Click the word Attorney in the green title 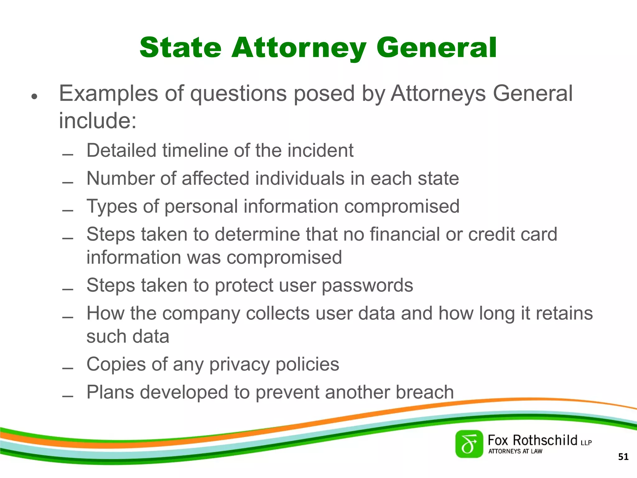299,48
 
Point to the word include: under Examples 98,121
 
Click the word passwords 367,285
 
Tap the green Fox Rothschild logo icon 469,444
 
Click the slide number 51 623,457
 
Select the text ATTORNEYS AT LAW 515,451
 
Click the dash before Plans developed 67,396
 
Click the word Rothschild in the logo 545,440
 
